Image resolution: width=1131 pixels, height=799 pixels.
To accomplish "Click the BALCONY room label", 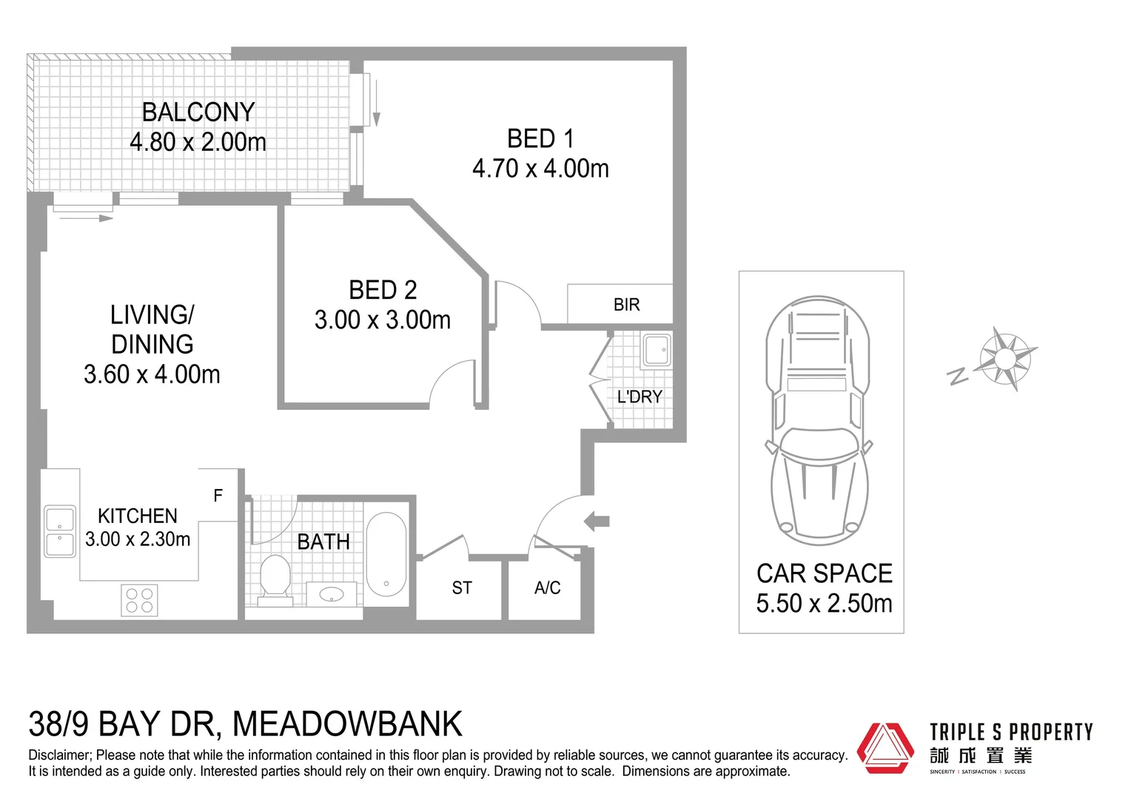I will coord(198,112).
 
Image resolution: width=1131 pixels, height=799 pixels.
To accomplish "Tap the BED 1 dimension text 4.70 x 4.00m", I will coord(540,169).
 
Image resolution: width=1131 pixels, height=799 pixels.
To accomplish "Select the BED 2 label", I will coord(383,290).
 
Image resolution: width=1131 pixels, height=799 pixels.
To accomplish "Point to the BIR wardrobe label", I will coord(626,305).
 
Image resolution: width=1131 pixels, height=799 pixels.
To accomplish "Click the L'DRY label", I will coord(640,397).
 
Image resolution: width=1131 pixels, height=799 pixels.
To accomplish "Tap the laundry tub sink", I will coord(656,350).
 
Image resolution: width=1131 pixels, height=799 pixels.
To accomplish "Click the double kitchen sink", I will coord(60,531).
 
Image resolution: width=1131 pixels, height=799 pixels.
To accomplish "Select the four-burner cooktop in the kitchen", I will coord(139,600).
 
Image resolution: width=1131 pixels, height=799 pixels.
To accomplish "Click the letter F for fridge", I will coord(218,496).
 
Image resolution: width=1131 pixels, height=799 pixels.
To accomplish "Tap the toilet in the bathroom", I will coord(275,579).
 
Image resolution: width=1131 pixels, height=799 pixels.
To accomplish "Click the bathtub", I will coord(386,554).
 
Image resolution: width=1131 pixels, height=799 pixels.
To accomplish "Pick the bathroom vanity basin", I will coord(331,594).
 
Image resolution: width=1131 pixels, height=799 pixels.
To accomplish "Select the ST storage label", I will coord(462,588).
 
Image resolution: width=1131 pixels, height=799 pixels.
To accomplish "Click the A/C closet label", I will coord(548,588).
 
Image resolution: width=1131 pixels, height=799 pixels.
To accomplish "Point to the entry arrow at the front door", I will coord(597,521).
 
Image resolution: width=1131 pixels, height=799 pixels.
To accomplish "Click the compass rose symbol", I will coord(1004,360).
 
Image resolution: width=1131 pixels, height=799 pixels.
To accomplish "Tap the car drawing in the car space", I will coord(819,418).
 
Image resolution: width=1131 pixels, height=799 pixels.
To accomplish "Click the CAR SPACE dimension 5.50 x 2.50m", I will coord(824,604).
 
